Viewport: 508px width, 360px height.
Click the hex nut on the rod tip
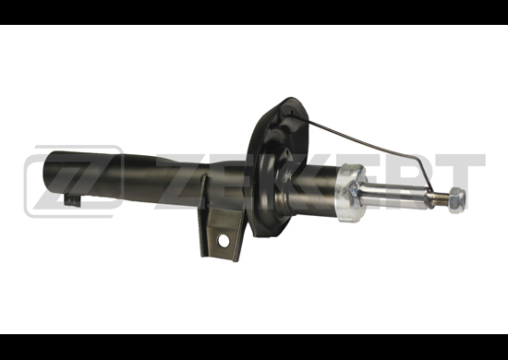pos(457,200)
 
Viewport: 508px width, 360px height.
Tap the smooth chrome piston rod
pos(393,195)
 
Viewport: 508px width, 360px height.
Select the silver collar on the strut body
pos(351,193)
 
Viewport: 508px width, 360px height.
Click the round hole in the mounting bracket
pos(224,241)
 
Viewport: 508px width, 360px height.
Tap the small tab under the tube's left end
pos(73,200)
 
